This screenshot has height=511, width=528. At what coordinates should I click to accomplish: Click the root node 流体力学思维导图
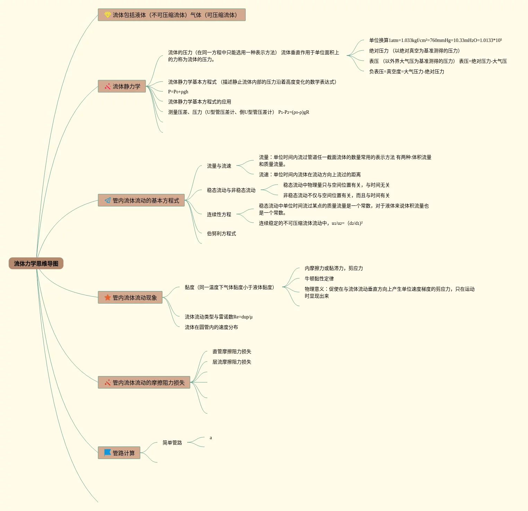[x=36, y=264]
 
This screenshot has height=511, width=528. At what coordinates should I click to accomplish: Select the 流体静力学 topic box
[x=122, y=86]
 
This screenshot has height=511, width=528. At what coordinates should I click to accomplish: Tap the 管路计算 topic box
[x=119, y=453]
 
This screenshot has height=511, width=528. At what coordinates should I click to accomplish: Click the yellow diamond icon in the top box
[x=107, y=15]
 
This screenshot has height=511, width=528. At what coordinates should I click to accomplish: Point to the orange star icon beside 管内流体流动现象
[x=107, y=298]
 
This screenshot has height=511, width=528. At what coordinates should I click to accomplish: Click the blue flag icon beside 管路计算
[x=107, y=453]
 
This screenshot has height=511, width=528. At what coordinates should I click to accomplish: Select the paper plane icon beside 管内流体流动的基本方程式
[x=107, y=201]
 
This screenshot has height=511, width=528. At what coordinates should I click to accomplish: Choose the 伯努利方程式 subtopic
[x=221, y=234]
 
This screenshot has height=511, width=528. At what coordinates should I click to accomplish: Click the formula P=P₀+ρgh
[x=178, y=92]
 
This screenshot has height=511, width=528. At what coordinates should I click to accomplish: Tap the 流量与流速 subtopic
[x=219, y=166]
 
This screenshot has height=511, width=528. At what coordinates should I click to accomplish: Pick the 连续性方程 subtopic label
[x=219, y=215]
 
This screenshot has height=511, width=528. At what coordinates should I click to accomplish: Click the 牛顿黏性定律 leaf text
[x=319, y=279]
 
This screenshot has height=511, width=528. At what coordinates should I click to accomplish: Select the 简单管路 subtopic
[x=172, y=443]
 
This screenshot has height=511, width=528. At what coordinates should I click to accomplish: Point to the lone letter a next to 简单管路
[x=211, y=438]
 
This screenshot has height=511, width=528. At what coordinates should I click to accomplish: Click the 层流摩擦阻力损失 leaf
[x=232, y=362]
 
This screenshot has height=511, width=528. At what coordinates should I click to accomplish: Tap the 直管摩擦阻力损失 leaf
[x=232, y=352]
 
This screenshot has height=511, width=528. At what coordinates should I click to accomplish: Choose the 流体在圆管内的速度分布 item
[x=211, y=327]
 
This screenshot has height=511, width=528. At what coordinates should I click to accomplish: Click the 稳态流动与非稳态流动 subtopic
[x=231, y=190]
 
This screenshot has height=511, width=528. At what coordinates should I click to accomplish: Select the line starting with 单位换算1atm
[x=435, y=41]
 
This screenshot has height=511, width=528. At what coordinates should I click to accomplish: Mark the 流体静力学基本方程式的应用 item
[x=199, y=102]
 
